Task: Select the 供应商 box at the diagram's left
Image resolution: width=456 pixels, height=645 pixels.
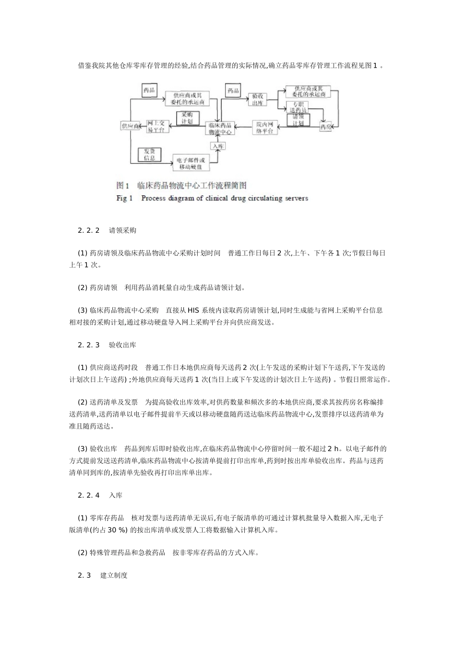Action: tap(130, 126)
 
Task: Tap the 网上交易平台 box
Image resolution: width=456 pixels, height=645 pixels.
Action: tap(157, 126)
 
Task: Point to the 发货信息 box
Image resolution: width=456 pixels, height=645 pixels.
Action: tap(149, 155)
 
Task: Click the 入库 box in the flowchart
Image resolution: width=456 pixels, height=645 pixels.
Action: tap(216, 146)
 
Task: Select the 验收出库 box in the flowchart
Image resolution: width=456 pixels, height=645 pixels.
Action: tap(257, 99)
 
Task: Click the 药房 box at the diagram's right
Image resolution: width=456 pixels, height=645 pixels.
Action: tap(325, 127)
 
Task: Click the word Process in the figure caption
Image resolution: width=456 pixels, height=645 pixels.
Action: tap(153, 198)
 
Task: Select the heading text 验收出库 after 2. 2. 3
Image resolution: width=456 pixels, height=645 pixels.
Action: tap(122, 345)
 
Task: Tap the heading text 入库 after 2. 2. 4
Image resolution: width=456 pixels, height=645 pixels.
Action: tap(116, 495)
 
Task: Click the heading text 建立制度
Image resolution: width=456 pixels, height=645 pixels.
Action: tap(114, 575)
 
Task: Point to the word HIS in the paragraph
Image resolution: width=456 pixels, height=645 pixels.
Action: tap(193, 311)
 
